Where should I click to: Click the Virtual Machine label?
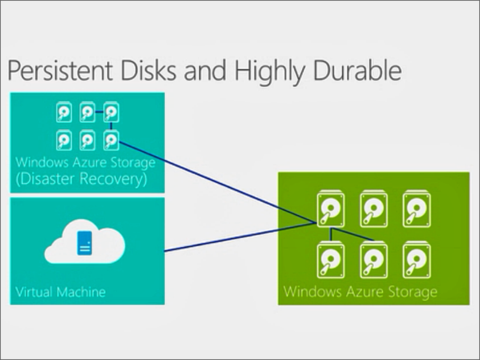click(61, 291)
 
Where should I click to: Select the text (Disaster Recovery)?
click(81, 180)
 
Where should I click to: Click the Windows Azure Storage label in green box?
click(359, 290)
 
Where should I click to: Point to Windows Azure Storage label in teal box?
click(85, 162)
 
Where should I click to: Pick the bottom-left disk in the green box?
click(330, 257)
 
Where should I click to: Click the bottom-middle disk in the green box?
click(373, 257)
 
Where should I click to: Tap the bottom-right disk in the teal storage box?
click(111, 139)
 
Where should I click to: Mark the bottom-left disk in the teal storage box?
click(65, 139)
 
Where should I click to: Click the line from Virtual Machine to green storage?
click(240, 236)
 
